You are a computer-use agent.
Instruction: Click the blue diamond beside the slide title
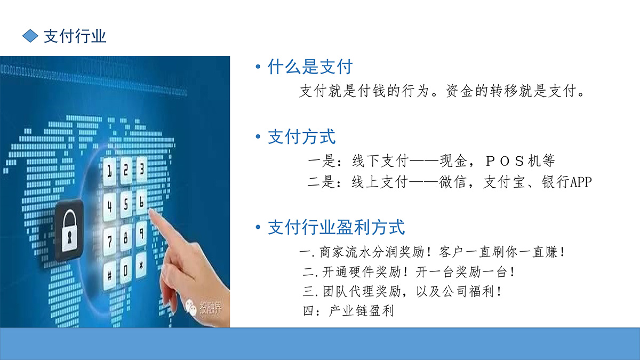[x=30, y=36]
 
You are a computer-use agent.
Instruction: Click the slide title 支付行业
[x=75, y=36]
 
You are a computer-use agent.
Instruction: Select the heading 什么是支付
[x=310, y=67]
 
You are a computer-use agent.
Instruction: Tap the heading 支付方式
[x=301, y=137]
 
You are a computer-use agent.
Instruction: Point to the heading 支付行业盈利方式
[x=336, y=228]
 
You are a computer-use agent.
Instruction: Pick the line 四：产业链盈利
[x=348, y=311]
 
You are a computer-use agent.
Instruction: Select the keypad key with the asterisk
[x=141, y=267]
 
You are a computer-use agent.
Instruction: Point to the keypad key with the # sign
[x=110, y=275]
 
